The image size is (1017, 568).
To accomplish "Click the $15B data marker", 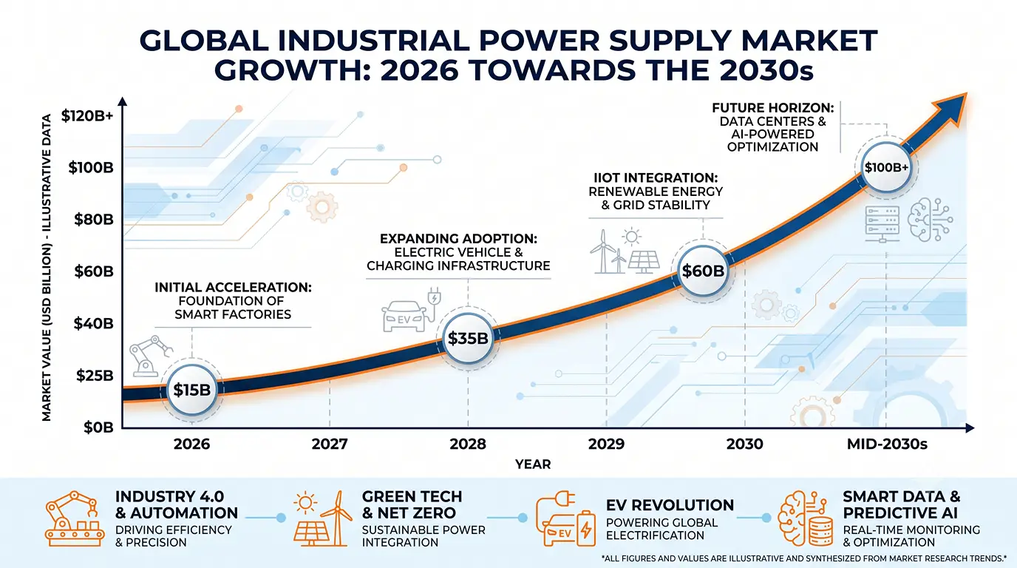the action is pos(192,390).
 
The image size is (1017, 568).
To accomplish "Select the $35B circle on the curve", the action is pos(468,338).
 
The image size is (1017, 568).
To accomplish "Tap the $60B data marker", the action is pos(703,271).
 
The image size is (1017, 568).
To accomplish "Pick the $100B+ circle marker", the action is pos(886,167).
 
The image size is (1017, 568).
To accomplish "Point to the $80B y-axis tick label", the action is pos(94,220).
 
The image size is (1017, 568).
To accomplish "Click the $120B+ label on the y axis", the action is pos(87,116).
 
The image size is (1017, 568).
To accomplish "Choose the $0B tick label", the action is pos(98,427).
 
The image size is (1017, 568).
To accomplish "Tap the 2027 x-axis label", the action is pos(330,444).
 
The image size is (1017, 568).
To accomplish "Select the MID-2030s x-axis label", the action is pos(887,444).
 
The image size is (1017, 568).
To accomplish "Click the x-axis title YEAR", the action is pos(533,464).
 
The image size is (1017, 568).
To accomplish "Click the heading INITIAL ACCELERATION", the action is pos(233,287).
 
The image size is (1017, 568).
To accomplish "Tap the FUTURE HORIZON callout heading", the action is pos(773,108).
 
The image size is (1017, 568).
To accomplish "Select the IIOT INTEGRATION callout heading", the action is pos(656,177).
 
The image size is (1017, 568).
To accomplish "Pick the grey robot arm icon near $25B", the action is pos(150,356).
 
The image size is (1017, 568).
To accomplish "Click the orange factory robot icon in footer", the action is pos(75,518).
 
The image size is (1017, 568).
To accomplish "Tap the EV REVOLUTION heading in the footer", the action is pos(670,505).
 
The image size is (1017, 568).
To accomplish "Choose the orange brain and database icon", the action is pos(805,518).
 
